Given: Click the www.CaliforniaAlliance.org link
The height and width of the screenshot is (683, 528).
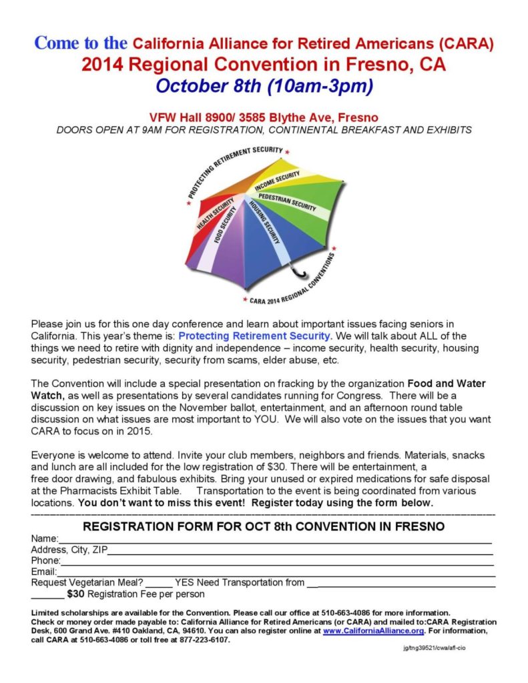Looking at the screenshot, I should click(373, 630).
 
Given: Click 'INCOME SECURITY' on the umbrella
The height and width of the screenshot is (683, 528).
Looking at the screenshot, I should click(276, 178).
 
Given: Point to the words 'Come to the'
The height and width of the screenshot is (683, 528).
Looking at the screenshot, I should click(81, 43).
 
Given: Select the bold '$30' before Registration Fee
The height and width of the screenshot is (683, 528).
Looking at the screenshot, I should click(76, 594).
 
